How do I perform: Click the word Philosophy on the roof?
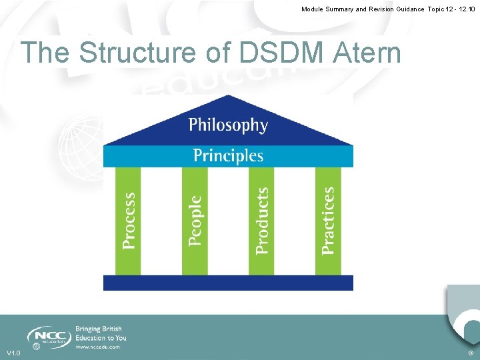228,125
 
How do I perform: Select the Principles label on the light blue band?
228,156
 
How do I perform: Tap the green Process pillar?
129,221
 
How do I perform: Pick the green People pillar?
195,221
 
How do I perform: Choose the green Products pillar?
261,221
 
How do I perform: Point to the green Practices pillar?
328,221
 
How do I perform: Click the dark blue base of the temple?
228,283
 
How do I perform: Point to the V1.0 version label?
13,353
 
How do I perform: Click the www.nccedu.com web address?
98,347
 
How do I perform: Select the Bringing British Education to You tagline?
100,333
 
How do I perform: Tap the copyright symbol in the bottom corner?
471,353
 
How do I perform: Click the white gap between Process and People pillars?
161,221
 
